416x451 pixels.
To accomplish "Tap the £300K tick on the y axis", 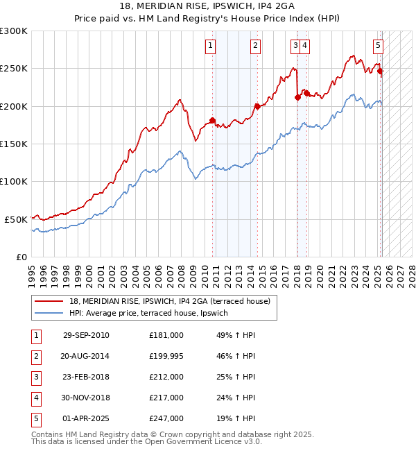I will [x=14, y=31].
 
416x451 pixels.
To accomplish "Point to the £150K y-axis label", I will [x=14, y=144].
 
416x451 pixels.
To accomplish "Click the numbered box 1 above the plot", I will [x=210, y=46].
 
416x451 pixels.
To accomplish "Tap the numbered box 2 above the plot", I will [x=255, y=46].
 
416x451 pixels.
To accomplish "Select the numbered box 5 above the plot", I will [x=378, y=46].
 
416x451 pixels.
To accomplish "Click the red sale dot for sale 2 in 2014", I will [x=257, y=106].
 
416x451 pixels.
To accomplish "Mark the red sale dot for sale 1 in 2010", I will [x=212, y=120].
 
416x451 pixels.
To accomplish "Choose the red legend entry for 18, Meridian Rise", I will [x=173, y=300].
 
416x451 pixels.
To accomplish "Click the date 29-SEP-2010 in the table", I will [x=86, y=335].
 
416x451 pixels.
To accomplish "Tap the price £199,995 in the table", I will [x=166, y=356].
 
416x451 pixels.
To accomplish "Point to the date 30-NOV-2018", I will [x=86, y=398].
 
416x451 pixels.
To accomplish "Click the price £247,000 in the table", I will [x=166, y=418].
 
